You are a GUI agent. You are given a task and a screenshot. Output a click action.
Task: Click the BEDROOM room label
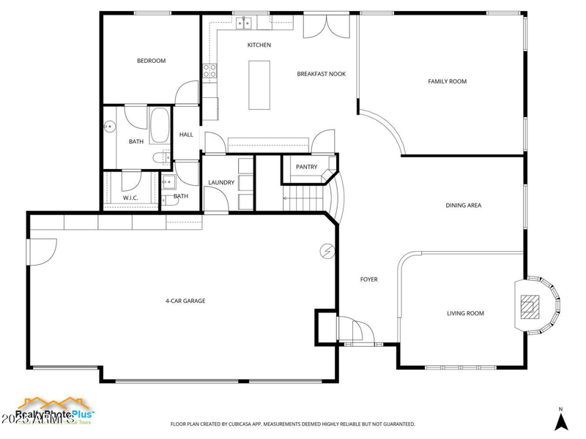point(151,61)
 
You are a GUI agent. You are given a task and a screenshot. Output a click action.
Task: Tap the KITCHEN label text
point(259,45)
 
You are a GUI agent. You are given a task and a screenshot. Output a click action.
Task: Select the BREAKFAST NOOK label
point(321,74)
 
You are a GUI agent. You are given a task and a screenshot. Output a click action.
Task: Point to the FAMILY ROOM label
point(447,81)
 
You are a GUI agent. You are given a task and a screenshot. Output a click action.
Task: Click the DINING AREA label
point(463,206)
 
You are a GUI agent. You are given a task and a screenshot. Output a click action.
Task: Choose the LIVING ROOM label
point(465,313)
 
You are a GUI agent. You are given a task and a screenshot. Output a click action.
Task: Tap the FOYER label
point(368,279)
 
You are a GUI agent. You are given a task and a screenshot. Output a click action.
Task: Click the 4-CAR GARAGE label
point(185,301)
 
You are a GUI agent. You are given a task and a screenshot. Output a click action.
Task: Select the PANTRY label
point(306,167)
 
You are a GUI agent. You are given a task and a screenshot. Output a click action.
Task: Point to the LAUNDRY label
point(220,182)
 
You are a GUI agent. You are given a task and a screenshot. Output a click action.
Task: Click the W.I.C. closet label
point(130,198)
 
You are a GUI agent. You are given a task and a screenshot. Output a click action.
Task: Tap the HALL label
point(186,135)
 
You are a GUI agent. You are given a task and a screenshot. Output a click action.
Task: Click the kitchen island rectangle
point(259,85)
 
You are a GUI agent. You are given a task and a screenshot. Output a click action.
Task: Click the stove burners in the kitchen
point(209,71)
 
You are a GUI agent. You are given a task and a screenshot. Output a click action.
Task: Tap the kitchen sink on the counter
point(244,23)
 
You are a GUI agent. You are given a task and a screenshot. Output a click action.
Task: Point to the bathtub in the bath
point(160,125)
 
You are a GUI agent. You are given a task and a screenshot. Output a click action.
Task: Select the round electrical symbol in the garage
point(326,251)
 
